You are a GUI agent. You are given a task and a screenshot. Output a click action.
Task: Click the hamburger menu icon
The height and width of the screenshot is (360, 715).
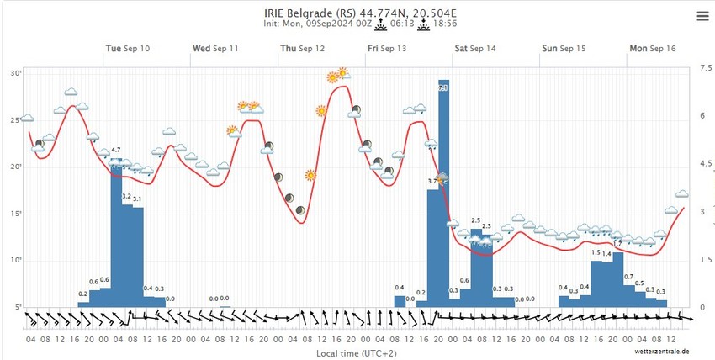[x=702, y=15]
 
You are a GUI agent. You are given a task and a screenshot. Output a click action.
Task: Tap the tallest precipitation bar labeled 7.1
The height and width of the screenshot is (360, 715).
[x=443, y=193]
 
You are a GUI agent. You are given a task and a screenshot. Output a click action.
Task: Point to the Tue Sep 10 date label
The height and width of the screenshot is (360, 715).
[x=128, y=49]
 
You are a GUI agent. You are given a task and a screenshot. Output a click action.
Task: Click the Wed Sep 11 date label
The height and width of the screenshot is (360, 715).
[x=215, y=49]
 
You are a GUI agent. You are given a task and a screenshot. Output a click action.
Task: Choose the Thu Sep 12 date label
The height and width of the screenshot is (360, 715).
[x=302, y=49]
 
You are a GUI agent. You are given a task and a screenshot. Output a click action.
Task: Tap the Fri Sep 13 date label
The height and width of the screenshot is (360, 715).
[x=387, y=49]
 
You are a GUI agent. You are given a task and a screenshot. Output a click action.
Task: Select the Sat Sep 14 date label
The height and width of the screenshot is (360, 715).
[x=475, y=49]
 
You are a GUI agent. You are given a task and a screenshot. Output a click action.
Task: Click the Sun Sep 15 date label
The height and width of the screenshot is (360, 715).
[x=563, y=49]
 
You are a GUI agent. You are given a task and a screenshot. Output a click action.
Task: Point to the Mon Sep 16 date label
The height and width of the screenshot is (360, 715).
[x=653, y=49]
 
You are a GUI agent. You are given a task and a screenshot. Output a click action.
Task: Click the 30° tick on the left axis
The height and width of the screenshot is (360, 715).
[x=15, y=73]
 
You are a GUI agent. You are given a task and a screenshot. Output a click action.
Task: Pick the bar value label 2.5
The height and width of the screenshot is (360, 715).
[x=475, y=220]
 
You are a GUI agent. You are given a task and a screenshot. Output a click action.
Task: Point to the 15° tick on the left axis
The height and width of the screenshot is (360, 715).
[x=15, y=214]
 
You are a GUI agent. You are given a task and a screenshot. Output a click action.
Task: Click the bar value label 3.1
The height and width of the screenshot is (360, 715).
[x=137, y=199]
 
